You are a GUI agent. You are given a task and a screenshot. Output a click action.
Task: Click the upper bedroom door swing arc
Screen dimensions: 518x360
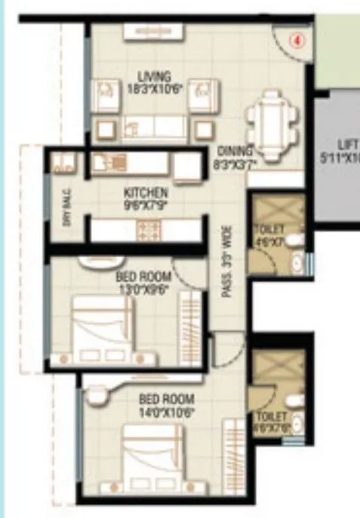click(x=186, y=273)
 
